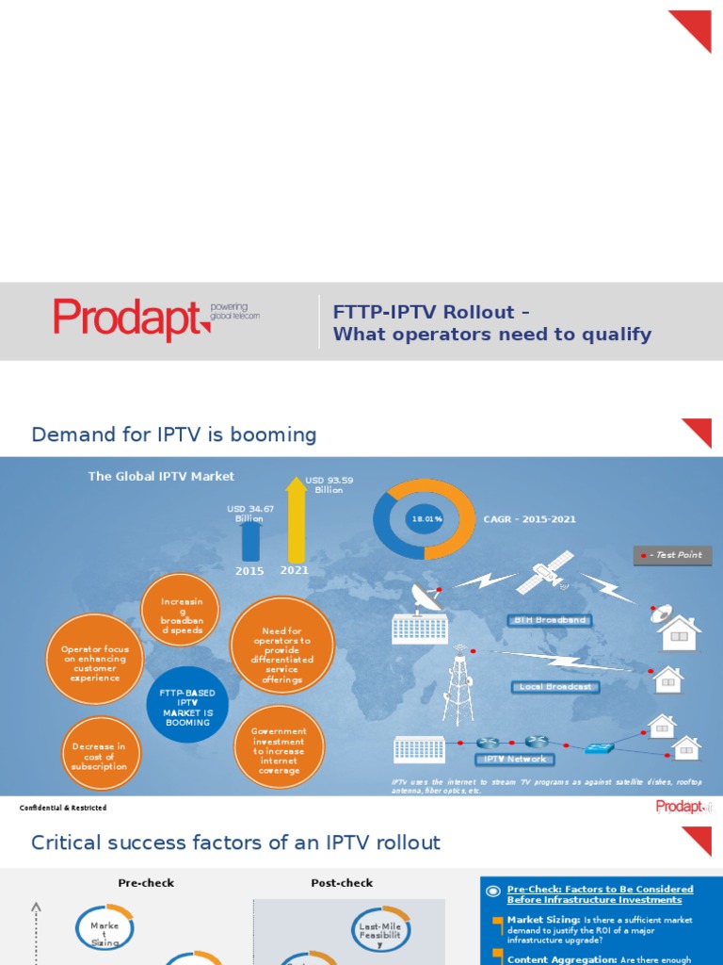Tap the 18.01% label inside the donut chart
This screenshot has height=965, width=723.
coord(426,519)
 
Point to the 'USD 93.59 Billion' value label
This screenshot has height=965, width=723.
coord(329,484)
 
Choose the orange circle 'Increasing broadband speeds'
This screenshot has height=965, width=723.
coord(181,610)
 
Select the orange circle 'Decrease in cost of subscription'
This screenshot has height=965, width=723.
coord(100,756)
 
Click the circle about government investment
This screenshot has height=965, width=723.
coord(279,750)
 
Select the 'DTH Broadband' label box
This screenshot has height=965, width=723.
coord(550,620)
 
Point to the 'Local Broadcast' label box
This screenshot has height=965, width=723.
coord(555,687)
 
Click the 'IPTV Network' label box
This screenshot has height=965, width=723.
coord(514,759)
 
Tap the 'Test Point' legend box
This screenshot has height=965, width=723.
coord(672,555)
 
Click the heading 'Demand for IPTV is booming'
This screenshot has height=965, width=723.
coord(174,434)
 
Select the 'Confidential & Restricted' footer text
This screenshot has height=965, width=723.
coord(63,808)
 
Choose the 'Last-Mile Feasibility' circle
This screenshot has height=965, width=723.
coord(381,932)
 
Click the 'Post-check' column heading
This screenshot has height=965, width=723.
coord(342,883)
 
